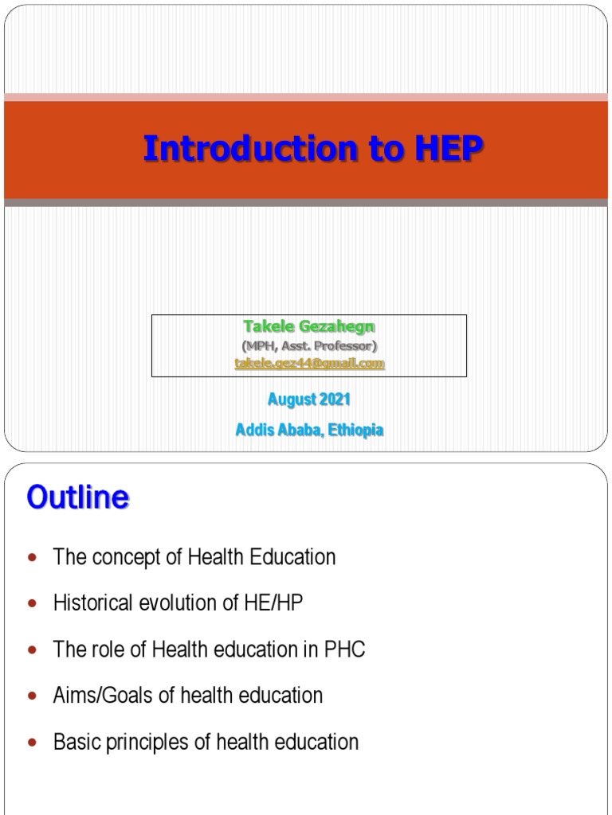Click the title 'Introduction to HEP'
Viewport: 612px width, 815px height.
point(312,149)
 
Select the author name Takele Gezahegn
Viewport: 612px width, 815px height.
point(308,328)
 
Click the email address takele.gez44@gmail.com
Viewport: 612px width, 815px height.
point(309,363)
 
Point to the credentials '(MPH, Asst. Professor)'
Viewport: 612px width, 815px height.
point(309,345)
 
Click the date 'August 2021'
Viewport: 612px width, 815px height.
point(309,399)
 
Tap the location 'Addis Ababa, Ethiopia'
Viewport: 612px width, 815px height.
point(309,430)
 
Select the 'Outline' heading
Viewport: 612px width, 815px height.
point(77,498)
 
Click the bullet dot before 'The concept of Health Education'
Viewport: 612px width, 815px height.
point(32,558)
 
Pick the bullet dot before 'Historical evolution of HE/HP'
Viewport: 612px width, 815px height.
point(32,604)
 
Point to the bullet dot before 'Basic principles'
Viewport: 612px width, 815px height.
point(32,743)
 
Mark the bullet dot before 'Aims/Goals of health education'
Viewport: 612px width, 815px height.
point(32,696)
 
